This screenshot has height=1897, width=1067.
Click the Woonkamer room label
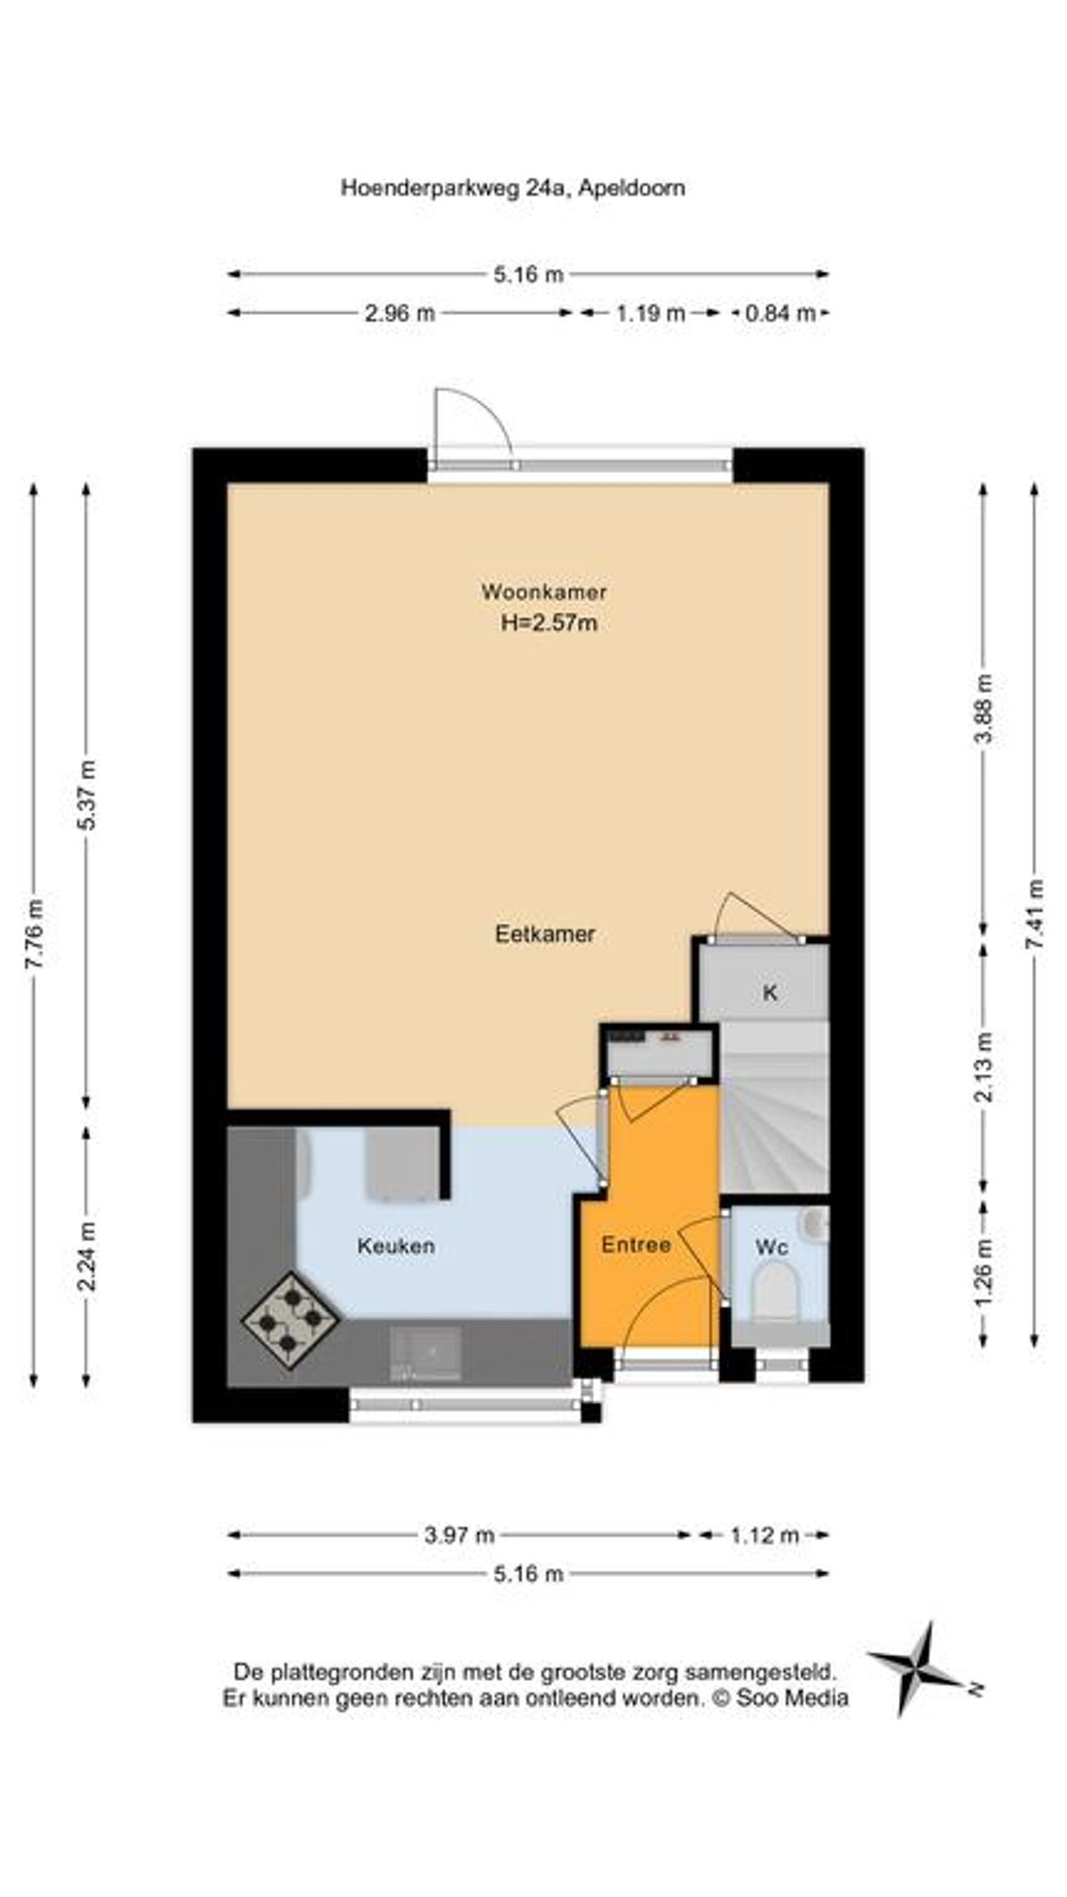coord(543,592)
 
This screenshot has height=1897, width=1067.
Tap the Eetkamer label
coord(544,934)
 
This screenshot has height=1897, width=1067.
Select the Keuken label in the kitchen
coord(395,1246)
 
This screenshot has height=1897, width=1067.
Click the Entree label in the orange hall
coord(636,1245)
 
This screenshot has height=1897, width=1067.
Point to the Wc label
coord(772,1248)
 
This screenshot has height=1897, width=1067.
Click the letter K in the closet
coord(770,993)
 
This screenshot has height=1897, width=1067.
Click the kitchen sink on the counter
coord(427,1353)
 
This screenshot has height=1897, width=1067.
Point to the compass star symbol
coord(919,1669)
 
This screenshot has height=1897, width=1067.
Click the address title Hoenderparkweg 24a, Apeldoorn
coord(513,188)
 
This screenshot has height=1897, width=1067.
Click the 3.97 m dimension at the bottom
coord(459,1534)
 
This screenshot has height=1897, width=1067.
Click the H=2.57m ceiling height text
coord(549,622)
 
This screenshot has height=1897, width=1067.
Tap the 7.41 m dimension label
coord(1034,914)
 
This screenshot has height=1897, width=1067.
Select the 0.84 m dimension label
coord(780,313)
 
